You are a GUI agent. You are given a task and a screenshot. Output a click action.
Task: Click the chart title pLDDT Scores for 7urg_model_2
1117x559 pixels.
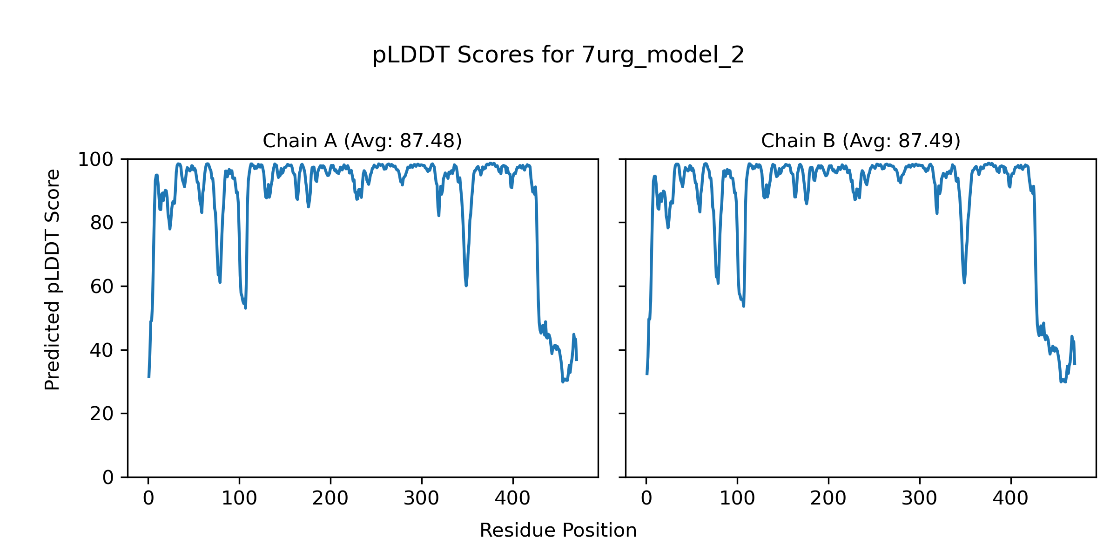558,55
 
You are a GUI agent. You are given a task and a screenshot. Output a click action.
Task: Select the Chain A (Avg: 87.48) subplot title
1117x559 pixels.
362,141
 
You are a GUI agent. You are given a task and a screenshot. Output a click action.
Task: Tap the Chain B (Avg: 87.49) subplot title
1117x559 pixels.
861,141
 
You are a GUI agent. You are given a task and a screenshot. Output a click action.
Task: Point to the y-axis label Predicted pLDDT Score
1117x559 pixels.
52,279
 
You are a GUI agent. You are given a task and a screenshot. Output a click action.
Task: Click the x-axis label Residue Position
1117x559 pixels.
558,530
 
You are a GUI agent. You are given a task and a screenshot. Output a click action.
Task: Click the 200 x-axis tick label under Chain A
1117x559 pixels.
330,498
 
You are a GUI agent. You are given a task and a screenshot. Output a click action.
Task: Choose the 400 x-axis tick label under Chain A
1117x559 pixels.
513,498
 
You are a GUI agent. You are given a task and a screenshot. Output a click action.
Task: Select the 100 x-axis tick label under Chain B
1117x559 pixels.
737,498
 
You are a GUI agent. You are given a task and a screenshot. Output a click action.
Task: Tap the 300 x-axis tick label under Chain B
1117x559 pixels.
920,498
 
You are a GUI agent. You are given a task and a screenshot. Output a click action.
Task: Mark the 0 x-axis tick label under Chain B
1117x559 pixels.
646,498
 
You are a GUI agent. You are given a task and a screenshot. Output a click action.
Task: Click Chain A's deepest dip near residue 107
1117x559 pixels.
246,308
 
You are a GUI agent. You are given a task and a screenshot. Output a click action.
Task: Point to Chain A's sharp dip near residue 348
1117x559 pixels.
466,285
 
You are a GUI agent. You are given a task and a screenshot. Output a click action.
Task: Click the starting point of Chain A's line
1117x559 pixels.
149,377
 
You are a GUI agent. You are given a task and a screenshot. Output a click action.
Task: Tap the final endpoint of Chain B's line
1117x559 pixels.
1075,364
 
